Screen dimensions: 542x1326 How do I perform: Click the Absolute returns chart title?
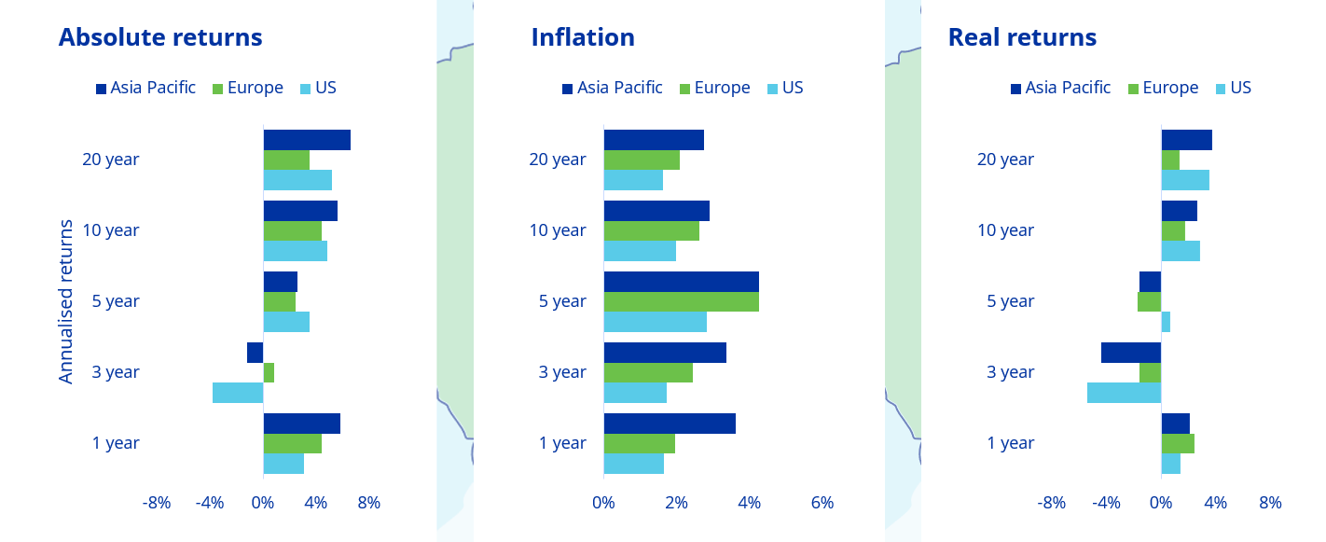tap(160, 37)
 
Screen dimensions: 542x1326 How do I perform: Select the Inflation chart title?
tap(583, 37)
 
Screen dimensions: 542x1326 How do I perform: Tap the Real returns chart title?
tap(1022, 37)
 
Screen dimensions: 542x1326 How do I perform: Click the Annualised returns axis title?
tap(66, 301)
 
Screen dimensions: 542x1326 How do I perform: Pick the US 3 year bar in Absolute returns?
tap(238, 393)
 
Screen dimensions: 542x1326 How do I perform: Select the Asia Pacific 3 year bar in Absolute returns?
tap(256, 353)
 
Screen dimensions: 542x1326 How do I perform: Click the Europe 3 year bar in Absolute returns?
tap(269, 372)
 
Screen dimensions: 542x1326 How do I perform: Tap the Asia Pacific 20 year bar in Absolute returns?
tap(307, 140)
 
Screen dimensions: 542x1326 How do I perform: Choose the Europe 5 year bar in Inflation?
tap(681, 301)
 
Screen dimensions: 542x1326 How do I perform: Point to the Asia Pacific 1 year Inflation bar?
tap(670, 424)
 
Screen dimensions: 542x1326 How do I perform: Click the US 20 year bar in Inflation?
tap(633, 180)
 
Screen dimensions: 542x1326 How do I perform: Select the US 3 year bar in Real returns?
tap(1124, 393)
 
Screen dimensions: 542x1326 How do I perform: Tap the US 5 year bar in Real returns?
tap(1166, 322)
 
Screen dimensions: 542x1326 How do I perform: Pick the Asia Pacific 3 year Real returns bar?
tap(1131, 353)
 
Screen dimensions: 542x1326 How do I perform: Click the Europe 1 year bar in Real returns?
tap(1178, 443)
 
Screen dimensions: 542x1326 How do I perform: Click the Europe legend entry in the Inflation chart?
tap(714, 88)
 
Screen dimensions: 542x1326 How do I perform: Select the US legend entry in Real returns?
tap(1234, 88)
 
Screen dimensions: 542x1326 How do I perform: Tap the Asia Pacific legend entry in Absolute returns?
tap(145, 88)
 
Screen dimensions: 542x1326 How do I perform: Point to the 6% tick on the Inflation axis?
tap(822, 503)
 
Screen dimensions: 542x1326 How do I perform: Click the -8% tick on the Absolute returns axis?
tap(157, 503)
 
